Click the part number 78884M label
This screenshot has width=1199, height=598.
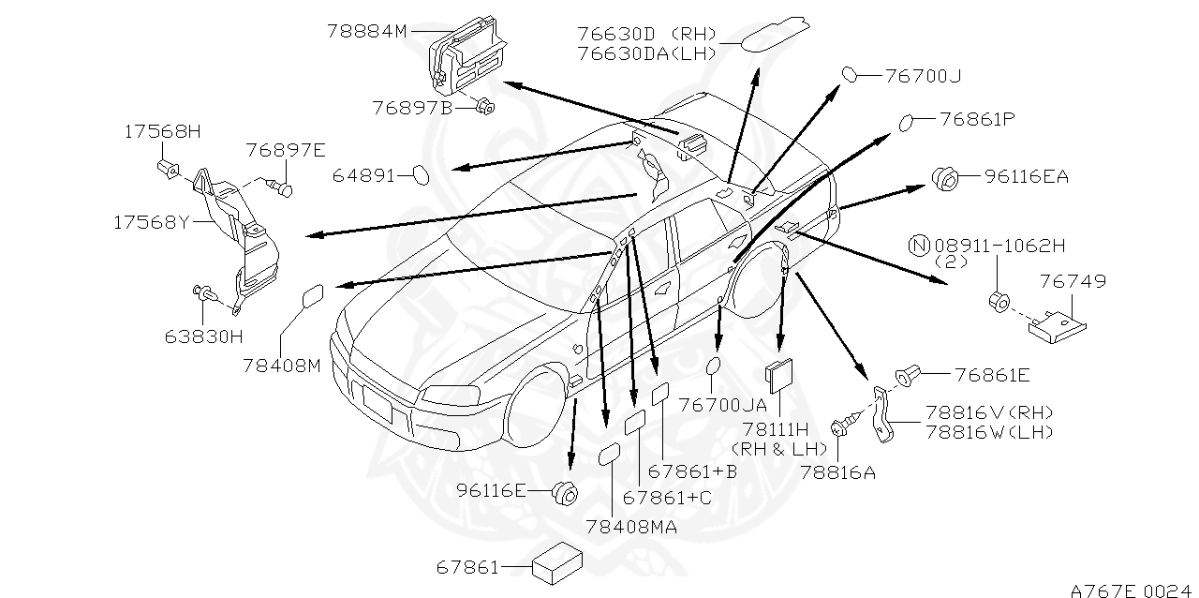point(366,31)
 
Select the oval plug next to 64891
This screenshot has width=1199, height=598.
point(422,174)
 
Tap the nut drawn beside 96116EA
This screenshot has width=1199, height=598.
point(943,175)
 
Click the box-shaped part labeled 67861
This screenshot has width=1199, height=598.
point(556,566)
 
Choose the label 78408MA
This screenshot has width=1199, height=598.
point(631,528)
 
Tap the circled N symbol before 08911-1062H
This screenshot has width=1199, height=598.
point(919,247)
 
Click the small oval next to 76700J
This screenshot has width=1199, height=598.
point(848,75)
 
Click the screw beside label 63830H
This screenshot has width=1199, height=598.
point(203,295)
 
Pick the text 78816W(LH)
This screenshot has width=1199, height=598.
point(988,431)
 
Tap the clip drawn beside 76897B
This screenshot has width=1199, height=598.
point(484,107)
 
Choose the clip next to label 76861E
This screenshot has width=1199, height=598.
point(906,376)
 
